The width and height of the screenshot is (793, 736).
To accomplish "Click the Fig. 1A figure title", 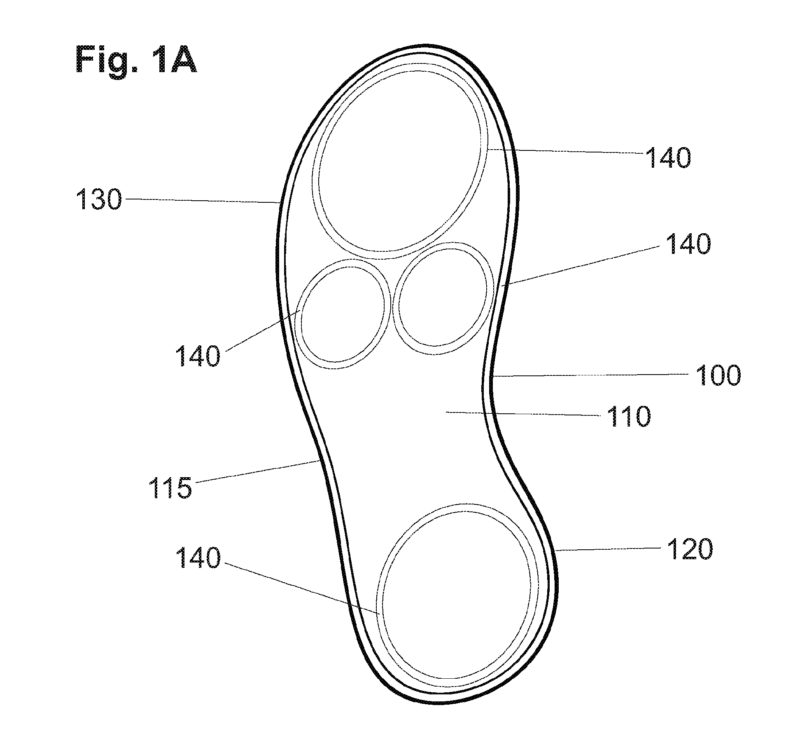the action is [x=136, y=60].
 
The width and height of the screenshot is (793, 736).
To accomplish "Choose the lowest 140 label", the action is [x=198, y=558].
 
